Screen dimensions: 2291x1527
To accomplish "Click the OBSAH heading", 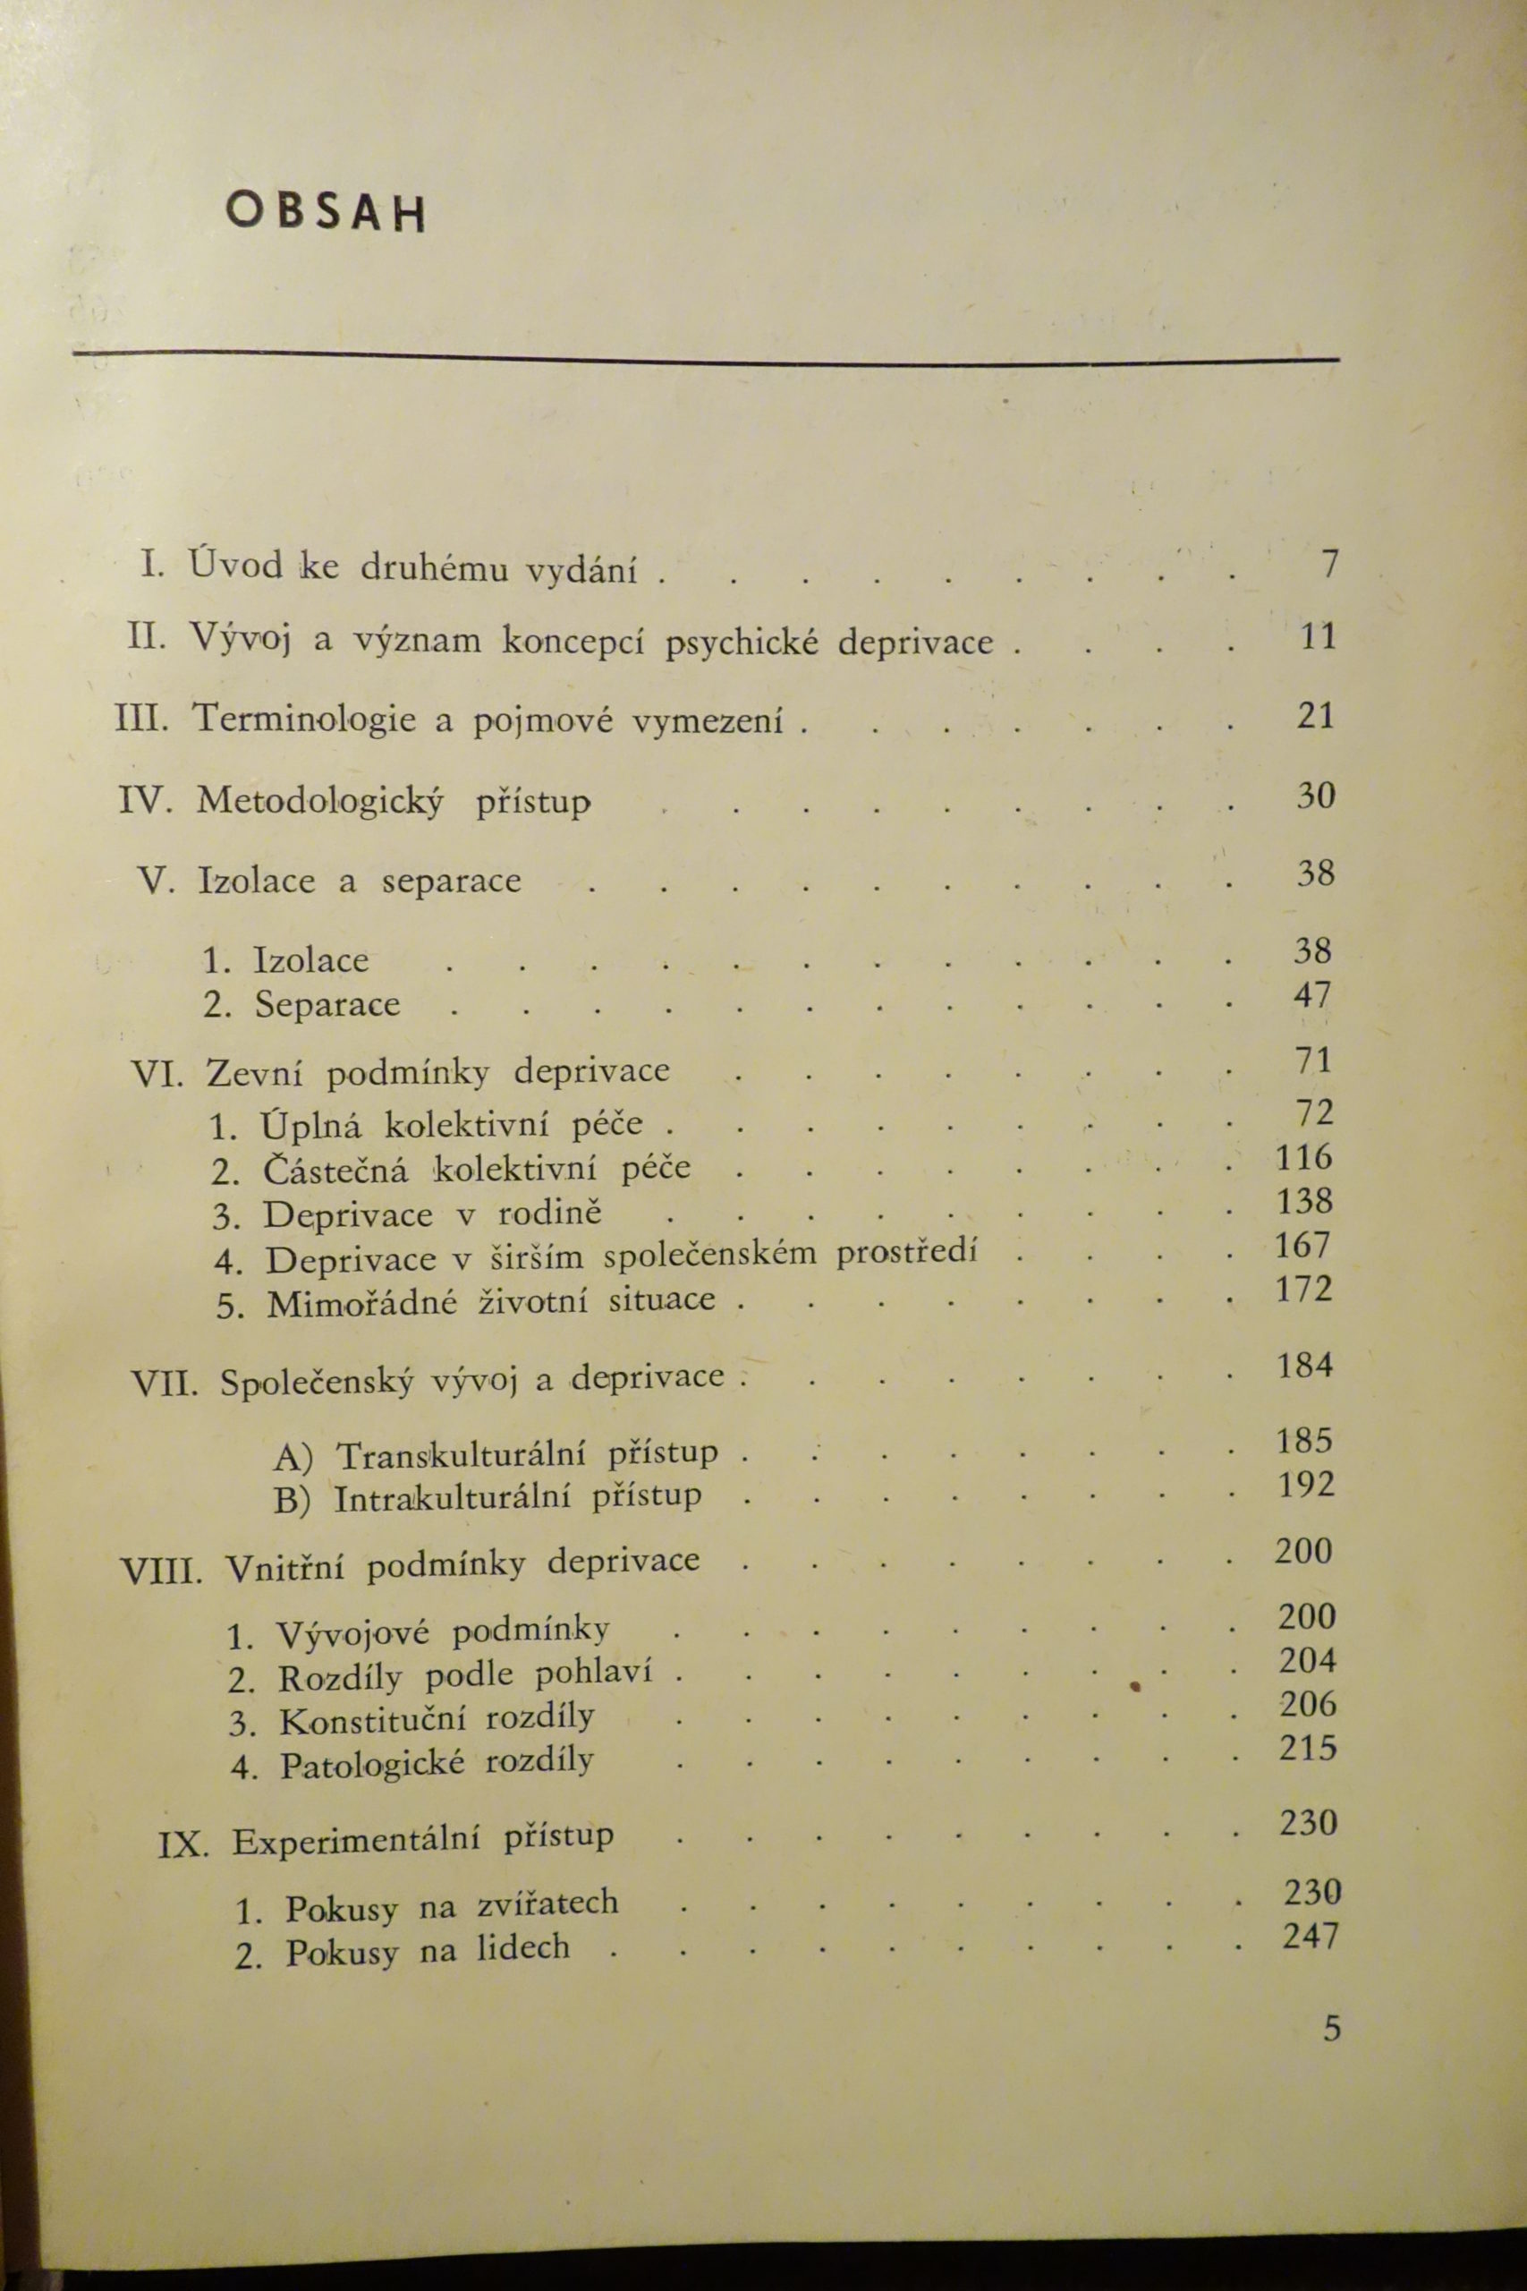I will (x=326, y=212).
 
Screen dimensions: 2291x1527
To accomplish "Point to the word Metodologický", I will (x=319, y=803).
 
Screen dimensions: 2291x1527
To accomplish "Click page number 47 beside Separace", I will (x=1311, y=994).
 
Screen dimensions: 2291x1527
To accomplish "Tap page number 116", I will (x=1304, y=1157).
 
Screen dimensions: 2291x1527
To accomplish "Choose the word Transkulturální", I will (x=461, y=1455).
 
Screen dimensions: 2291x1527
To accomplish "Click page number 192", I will (x=1306, y=1485).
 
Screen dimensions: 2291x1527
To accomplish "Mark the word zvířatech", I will (x=547, y=1903).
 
